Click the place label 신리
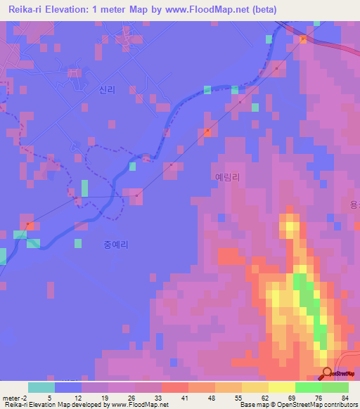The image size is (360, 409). [107, 90]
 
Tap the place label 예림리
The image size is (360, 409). [227, 178]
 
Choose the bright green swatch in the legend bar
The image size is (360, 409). [309, 387]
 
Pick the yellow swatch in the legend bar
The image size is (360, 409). [282, 387]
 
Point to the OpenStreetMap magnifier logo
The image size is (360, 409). [327, 373]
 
